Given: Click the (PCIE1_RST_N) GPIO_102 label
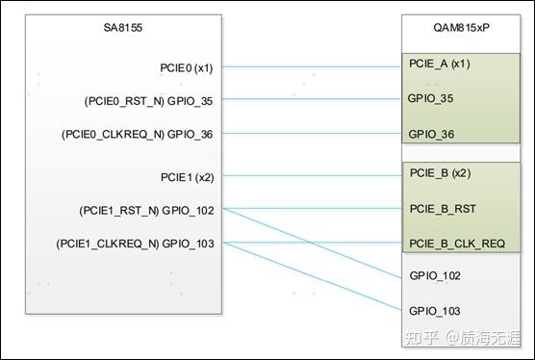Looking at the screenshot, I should pos(146,210).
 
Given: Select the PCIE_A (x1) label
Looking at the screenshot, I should pos(440,65).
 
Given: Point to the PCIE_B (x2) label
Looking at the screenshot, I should pos(440,174).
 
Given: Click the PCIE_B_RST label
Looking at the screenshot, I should pos(443,208).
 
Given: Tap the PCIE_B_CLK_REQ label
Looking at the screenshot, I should pos(457,243).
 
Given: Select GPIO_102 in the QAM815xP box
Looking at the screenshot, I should pos(435,276).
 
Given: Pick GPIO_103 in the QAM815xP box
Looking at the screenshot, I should pos(435,311).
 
